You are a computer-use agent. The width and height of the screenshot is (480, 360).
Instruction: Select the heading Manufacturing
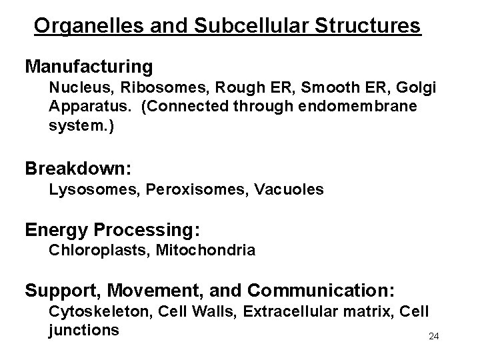pyautogui.click(x=89, y=67)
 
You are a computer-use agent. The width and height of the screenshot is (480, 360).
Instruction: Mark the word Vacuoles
pyautogui.click(x=288, y=190)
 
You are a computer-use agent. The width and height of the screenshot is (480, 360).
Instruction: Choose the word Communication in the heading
pyautogui.click(x=323, y=291)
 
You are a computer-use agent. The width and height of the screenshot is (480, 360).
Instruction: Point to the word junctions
pyautogui.click(x=83, y=329)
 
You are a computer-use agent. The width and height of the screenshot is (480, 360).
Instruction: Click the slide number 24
pyautogui.click(x=433, y=336)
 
